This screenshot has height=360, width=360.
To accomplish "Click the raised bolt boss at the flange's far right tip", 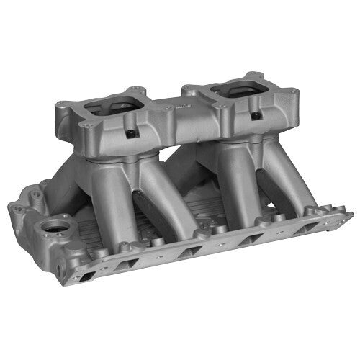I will point(345,215).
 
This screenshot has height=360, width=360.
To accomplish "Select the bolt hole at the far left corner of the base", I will point(17,211).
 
